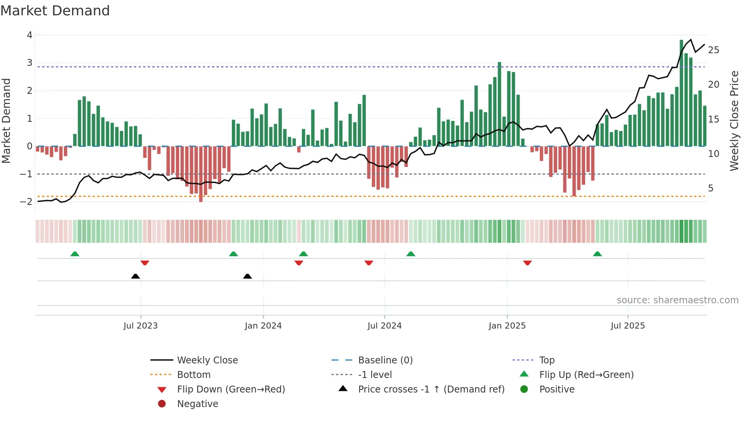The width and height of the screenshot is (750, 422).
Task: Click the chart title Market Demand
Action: point(55,11)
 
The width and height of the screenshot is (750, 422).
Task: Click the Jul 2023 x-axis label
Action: point(140,326)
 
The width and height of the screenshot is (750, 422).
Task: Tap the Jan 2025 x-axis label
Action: point(507,326)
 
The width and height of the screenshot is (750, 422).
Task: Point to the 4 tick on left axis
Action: point(29,35)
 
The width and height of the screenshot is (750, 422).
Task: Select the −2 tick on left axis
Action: point(26,202)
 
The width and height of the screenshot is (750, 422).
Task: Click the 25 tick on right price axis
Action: point(713,50)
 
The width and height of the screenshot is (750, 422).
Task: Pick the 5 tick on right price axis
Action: point(711,188)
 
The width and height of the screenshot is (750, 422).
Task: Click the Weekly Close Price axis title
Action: point(734,121)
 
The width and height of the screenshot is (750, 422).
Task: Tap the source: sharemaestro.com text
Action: point(677,300)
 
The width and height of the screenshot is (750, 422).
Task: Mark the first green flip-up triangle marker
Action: point(75,254)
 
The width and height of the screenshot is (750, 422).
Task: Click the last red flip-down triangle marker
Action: point(527,263)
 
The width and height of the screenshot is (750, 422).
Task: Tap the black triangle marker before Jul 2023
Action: point(135,276)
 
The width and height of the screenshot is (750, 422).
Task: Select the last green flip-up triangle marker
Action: point(597,254)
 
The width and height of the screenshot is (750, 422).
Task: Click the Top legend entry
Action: point(546,360)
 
